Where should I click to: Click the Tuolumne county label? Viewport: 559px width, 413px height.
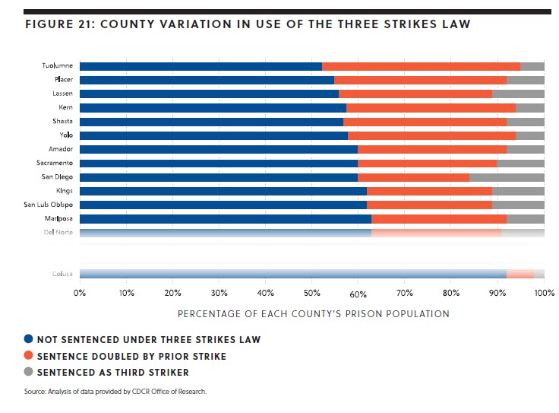tap(57, 66)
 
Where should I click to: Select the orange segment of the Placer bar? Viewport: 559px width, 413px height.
tap(420, 80)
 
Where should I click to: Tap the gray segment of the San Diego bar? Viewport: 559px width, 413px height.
tap(507, 177)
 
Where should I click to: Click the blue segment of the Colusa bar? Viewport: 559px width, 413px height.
tap(292, 274)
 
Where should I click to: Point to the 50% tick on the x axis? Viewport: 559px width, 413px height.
tap(312, 292)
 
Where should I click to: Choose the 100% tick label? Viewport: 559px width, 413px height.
tap(544, 292)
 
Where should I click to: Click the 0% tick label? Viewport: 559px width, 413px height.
tap(80, 292)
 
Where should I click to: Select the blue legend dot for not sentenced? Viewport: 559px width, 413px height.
tap(29, 340)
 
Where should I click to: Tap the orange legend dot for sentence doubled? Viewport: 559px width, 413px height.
tap(29, 357)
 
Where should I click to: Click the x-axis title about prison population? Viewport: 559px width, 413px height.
tap(313, 313)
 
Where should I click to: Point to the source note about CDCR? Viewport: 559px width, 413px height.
tap(104, 392)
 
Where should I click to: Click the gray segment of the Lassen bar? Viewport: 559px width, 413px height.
tap(518, 94)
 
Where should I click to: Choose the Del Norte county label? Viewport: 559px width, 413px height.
tap(58, 233)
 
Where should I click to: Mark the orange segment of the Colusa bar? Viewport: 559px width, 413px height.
tap(520, 274)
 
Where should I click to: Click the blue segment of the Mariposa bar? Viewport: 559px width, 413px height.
tap(225, 219)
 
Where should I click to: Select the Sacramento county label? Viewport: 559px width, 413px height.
tap(54, 163)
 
